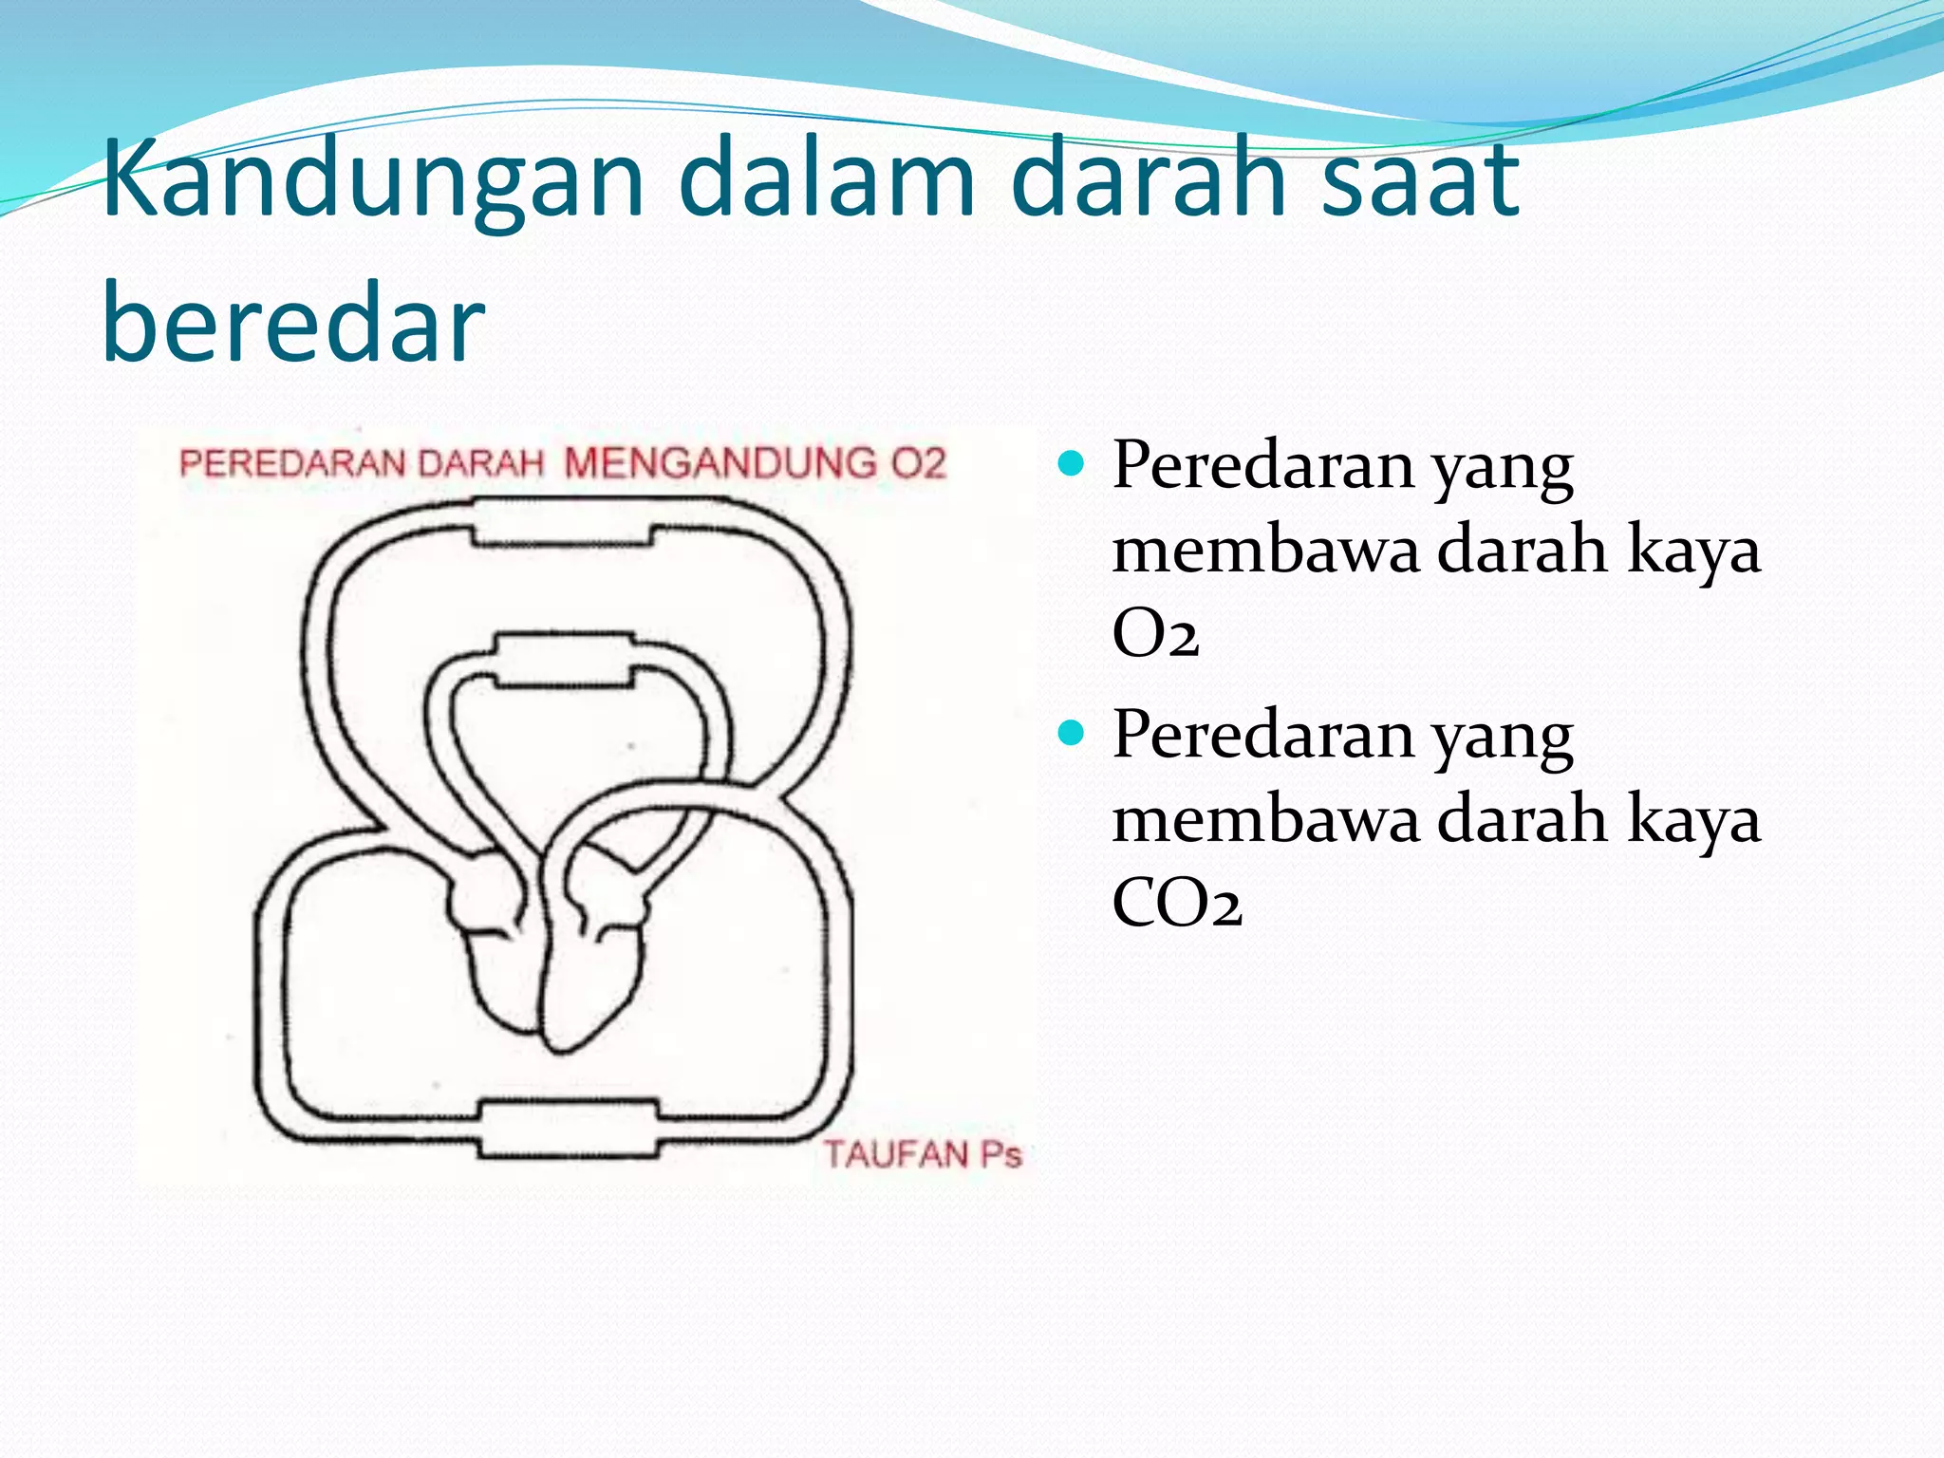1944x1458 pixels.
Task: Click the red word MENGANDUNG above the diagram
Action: (x=720, y=463)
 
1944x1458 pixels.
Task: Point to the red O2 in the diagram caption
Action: (x=918, y=463)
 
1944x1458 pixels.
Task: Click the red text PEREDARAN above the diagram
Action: (x=293, y=463)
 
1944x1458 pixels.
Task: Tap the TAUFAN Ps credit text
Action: (x=922, y=1154)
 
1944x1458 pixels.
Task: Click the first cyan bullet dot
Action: (x=1071, y=464)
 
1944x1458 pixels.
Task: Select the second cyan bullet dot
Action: (x=1071, y=733)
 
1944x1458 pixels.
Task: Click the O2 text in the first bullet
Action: (x=1155, y=633)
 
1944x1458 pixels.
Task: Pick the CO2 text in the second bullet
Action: (x=1176, y=902)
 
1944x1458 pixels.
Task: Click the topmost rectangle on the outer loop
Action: (x=562, y=523)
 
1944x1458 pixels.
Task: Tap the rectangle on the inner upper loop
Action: (x=562, y=658)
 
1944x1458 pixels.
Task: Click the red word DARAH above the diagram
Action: (x=481, y=463)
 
